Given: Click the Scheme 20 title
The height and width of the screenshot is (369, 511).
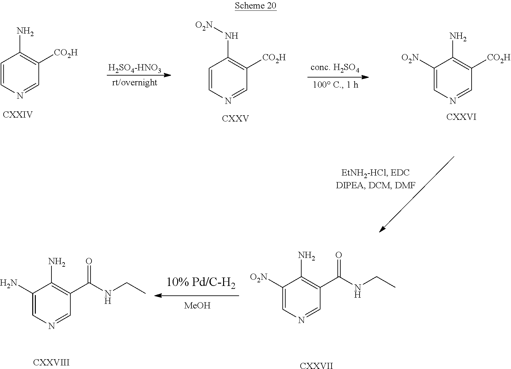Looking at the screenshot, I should point(255,6).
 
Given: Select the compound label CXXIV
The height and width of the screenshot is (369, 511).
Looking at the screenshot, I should point(18,114).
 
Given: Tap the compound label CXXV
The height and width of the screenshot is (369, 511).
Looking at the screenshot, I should point(235,119).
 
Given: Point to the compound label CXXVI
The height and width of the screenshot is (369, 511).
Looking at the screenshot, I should point(461,117).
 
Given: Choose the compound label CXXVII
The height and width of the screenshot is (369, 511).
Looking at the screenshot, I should point(316,366).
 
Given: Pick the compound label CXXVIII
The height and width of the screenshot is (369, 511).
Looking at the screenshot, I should point(51,362).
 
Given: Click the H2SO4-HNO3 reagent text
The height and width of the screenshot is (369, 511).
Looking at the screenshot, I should point(135,69).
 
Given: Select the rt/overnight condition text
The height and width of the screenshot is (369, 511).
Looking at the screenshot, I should point(134,82).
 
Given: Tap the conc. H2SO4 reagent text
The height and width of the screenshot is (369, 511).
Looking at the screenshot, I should point(335,68).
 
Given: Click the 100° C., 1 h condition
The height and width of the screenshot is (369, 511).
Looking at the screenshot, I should point(335,85).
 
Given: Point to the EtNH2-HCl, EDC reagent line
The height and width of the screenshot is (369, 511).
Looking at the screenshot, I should point(375,173).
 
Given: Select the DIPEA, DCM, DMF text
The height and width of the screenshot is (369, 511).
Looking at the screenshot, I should point(376,185).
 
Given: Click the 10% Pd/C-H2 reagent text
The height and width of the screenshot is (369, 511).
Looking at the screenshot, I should point(201,282).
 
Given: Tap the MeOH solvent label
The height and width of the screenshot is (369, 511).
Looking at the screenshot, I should point(197,305).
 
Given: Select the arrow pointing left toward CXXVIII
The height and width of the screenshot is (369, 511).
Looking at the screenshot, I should point(197,296).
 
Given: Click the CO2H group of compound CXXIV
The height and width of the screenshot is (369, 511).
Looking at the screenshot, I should point(66,52).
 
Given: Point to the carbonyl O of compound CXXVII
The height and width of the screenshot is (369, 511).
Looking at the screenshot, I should point(338,255).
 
